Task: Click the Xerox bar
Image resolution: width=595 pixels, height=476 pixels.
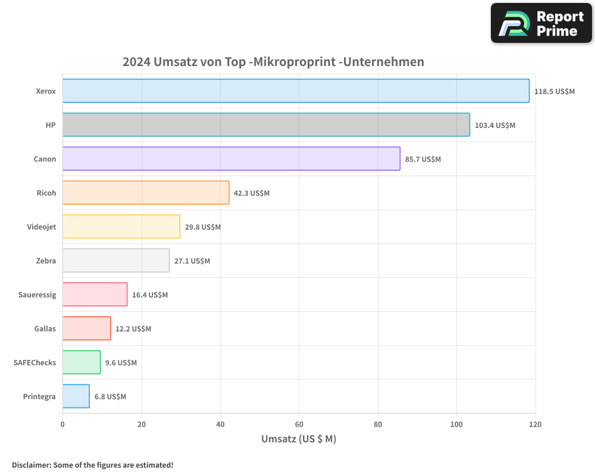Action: coord(296,91)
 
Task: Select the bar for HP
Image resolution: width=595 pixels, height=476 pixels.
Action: coord(266,125)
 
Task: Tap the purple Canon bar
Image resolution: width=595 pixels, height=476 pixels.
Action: coord(231,159)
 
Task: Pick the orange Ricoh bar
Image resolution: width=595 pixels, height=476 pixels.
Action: coord(146,193)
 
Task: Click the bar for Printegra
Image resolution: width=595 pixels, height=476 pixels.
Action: coord(76,396)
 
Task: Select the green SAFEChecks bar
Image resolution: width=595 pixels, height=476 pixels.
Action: coord(82,362)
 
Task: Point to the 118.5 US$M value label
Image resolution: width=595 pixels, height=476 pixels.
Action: coord(555,92)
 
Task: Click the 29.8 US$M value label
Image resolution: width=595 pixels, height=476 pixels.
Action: coord(203,227)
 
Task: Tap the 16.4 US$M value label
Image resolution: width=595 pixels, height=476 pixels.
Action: coord(150,295)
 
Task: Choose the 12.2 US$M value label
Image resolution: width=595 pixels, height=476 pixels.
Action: coord(133,329)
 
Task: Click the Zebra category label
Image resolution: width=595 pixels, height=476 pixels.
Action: coord(46,261)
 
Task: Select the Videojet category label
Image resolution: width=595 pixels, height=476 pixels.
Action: coord(42,227)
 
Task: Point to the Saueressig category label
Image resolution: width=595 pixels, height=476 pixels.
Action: coord(37,295)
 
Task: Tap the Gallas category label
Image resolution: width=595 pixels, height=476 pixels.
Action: coord(45,328)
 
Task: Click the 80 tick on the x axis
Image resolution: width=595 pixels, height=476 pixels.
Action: coord(378,425)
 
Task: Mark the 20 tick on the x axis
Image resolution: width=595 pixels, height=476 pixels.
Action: coord(142,425)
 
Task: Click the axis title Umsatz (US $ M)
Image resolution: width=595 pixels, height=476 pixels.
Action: coord(299,439)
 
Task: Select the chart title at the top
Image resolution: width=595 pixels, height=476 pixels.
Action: coord(273,62)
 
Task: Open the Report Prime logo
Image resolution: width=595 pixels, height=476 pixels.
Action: coord(541,23)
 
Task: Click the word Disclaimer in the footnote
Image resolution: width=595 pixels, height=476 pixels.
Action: coord(31,465)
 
